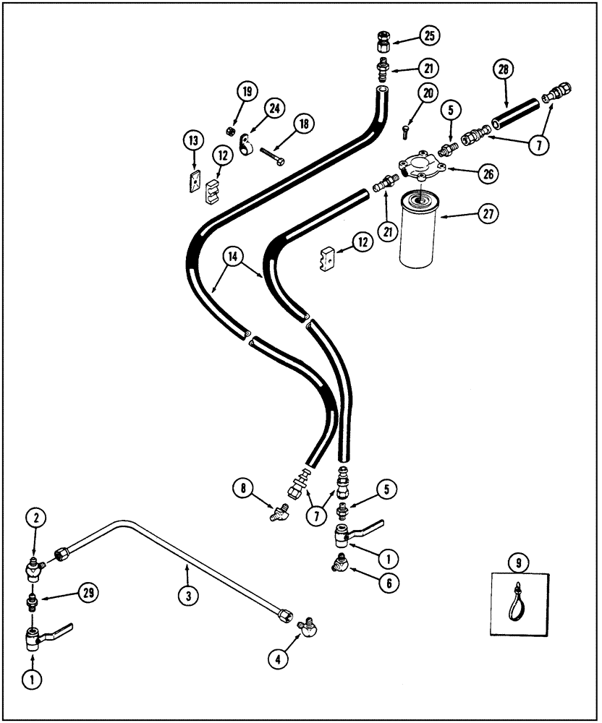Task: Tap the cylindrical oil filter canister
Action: tap(420, 230)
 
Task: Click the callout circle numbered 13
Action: tap(194, 140)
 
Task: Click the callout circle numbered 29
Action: tap(88, 592)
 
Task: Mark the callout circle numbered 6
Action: tap(387, 580)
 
